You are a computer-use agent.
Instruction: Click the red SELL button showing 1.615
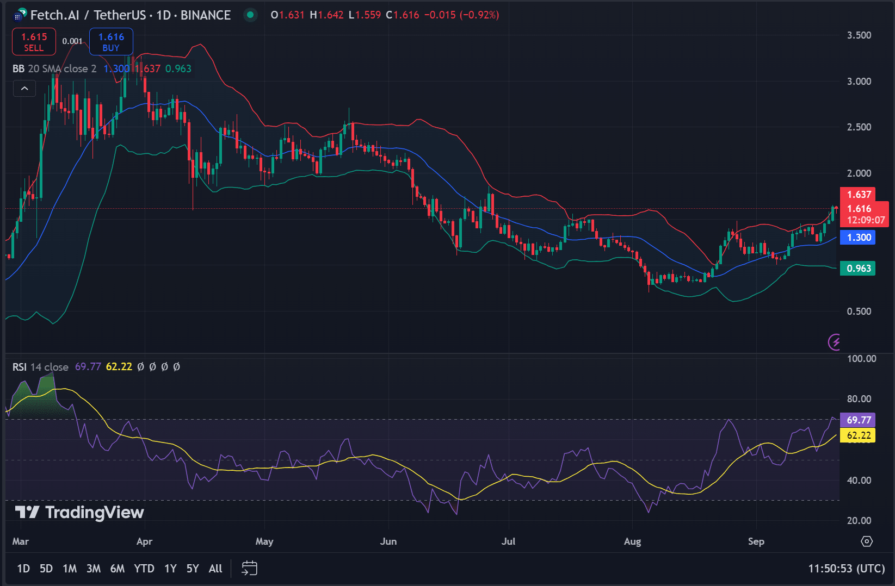[34, 42]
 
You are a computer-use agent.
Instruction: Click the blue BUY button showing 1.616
[111, 42]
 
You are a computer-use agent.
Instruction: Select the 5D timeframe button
[46, 569]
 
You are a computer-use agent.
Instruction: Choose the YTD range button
[144, 569]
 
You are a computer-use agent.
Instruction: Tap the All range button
[215, 569]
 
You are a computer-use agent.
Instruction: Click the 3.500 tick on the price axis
[859, 35]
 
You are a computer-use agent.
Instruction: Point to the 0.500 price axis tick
[859, 311]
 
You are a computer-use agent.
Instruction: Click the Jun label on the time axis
[388, 541]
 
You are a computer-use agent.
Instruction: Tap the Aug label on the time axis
[632, 541]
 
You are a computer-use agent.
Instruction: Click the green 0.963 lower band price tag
[858, 269]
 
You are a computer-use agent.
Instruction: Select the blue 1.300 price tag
[858, 238]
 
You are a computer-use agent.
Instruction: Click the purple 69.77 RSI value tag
[858, 420]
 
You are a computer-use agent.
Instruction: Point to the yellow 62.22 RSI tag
[858, 435]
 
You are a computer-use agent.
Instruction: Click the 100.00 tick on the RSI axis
[861, 359]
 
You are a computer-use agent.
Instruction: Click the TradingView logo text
[94, 513]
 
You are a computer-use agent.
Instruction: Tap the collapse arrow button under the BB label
[24, 88]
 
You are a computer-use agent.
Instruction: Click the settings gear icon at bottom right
[867, 541]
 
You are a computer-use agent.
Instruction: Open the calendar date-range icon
[249, 569]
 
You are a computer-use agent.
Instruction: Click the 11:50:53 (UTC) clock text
[846, 569]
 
